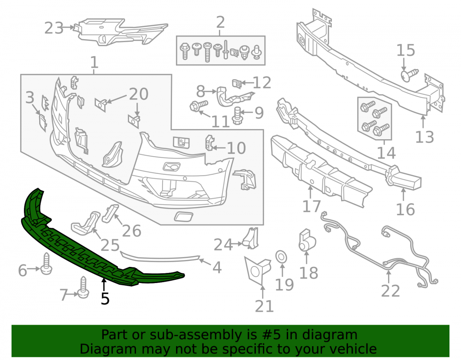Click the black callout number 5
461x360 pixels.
point(105,299)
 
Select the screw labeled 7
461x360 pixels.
point(83,287)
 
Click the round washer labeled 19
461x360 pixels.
point(281,257)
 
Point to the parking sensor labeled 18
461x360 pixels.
point(307,241)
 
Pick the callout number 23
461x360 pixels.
point(54,28)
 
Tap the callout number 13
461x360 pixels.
point(425,137)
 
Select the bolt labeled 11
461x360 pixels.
point(199,106)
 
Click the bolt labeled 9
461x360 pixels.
point(237,116)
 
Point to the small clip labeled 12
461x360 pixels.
point(237,84)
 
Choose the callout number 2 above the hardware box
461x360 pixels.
point(220,22)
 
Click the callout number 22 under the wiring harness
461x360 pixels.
point(390,291)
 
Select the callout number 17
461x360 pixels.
point(311,206)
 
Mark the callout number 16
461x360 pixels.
point(405,210)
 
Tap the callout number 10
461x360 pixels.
point(236,148)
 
